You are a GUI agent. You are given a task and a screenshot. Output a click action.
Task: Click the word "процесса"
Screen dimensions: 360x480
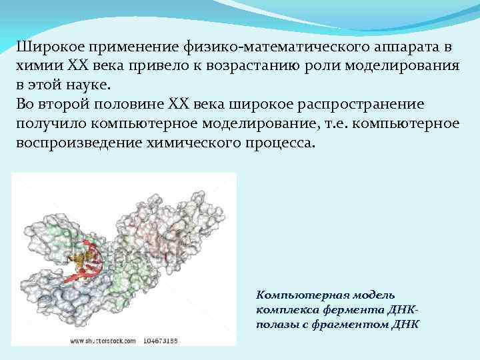281,143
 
